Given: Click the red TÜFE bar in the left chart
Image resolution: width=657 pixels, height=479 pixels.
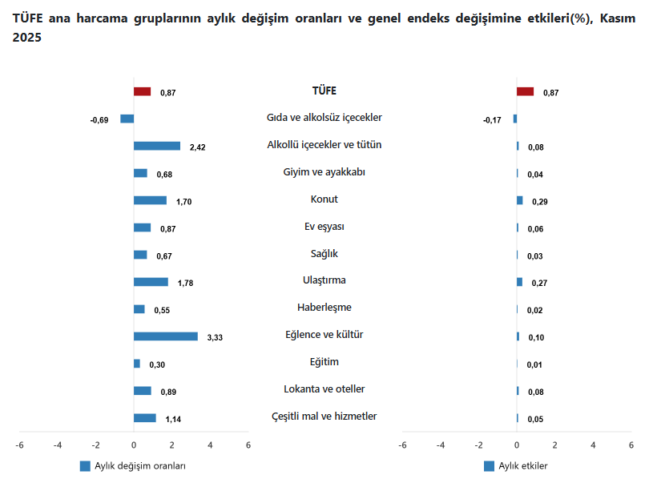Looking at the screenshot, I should point(142,91).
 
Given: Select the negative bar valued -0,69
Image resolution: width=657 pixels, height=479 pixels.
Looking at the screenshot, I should point(127,119).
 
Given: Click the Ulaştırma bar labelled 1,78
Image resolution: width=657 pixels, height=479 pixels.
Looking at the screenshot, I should point(151,282).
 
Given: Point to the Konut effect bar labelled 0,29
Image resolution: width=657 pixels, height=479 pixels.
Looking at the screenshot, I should point(520,200).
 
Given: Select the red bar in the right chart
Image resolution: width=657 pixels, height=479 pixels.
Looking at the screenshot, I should point(526,91).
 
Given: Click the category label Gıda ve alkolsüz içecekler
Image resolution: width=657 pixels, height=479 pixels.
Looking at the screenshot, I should point(324,118).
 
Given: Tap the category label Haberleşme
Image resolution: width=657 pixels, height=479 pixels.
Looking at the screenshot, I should point(324,308).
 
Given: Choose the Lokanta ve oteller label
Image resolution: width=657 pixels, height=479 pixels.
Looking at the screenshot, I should point(324,389).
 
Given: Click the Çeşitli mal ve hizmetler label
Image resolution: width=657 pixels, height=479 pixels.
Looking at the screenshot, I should point(324,417).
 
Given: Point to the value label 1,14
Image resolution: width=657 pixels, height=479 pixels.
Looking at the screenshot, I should point(173,419).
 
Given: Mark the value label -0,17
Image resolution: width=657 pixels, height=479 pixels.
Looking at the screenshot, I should point(492,120).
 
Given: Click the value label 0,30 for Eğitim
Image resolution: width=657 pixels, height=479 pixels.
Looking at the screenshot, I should point(157,364).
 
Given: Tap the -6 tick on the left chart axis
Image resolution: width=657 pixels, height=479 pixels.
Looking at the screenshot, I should point(19,445).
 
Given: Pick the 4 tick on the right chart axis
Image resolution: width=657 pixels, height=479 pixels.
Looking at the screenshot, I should point(593,445).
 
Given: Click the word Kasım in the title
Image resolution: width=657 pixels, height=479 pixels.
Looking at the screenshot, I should point(618,17).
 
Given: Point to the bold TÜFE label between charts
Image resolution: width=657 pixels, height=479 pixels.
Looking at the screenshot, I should point(324,91).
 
